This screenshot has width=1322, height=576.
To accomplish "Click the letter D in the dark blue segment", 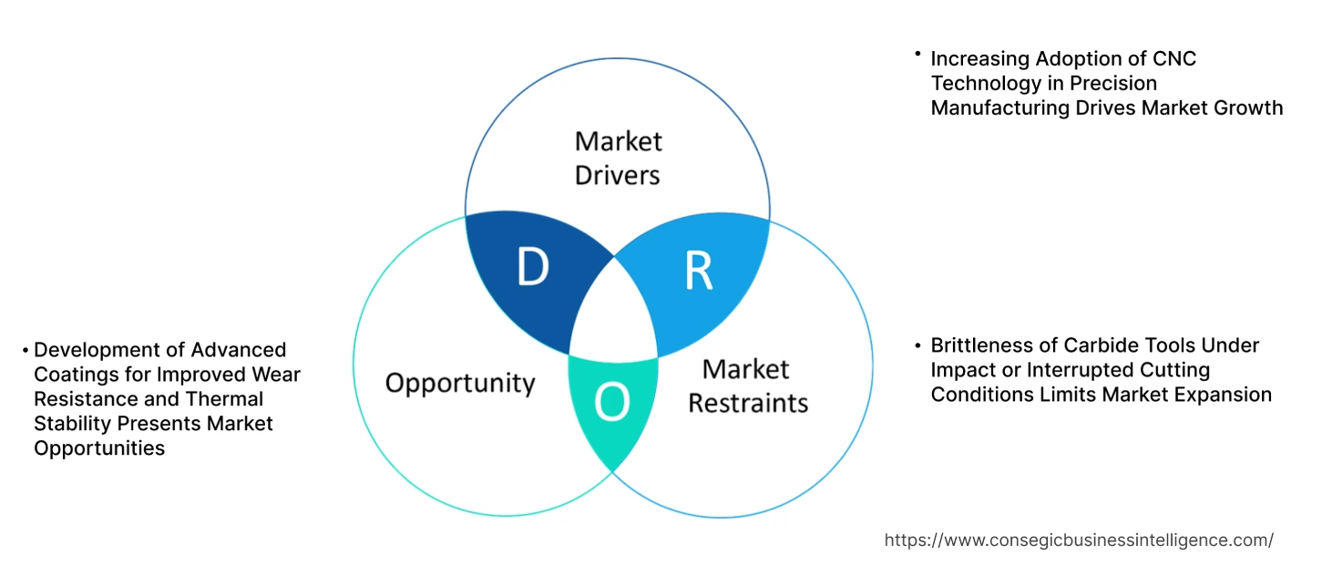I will click(x=532, y=266).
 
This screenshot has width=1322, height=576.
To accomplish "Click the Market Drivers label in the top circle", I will click(x=618, y=158).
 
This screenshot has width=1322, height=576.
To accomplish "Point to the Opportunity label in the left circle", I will click(x=459, y=383).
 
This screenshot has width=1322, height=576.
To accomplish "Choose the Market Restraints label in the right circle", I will click(x=747, y=386).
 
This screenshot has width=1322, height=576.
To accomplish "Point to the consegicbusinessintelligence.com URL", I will click(x=1079, y=540).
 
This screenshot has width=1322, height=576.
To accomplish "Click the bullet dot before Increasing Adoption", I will click(x=917, y=56).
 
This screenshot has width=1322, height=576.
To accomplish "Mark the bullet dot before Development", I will click(x=26, y=349).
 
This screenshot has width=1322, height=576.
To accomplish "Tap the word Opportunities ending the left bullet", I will click(x=99, y=448).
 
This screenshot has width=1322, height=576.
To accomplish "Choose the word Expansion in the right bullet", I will click(x=1225, y=395).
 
